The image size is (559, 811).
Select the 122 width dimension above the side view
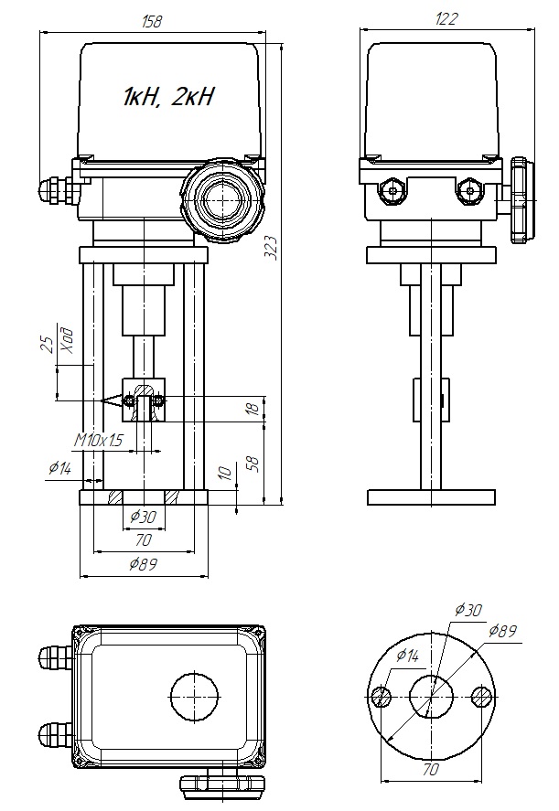[x=446, y=19]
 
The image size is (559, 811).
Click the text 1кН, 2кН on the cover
[x=168, y=97]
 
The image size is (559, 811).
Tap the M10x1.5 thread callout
[x=99, y=441]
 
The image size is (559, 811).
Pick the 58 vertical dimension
[x=256, y=464]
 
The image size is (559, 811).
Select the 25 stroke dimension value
[x=46, y=346]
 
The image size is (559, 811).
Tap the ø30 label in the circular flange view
[x=468, y=610]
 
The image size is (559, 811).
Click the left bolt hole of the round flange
[x=382, y=697]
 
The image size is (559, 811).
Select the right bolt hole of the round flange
[x=482, y=697]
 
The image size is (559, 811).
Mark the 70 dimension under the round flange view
[x=431, y=770]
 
